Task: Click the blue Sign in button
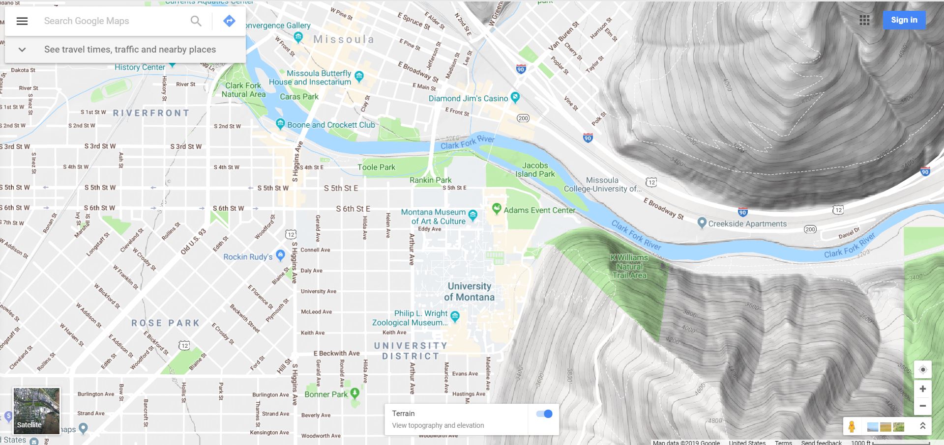(x=904, y=20)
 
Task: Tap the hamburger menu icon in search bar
(x=22, y=21)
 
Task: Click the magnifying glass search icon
(x=196, y=21)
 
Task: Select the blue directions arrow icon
(x=229, y=21)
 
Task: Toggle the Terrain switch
(x=544, y=414)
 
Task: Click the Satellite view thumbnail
(x=36, y=411)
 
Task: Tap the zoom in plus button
(x=923, y=389)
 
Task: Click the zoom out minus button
(x=923, y=406)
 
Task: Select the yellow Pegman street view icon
(x=852, y=426)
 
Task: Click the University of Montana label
(x=469, y=291)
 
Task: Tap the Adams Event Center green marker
(x=497, y=209)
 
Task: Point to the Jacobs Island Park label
(x=535, y=169)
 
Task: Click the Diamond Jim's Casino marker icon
(x=515, y=97)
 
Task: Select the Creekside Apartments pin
(x=702, y=222)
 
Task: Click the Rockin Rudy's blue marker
(x=280, y=254)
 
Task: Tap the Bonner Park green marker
(x=354, y=393)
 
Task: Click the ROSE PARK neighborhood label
(x=165, y=323)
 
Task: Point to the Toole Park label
(x=376, y=167)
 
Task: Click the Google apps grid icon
(x=864, y=20)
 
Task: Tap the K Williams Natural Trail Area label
(x=629, y=266)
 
